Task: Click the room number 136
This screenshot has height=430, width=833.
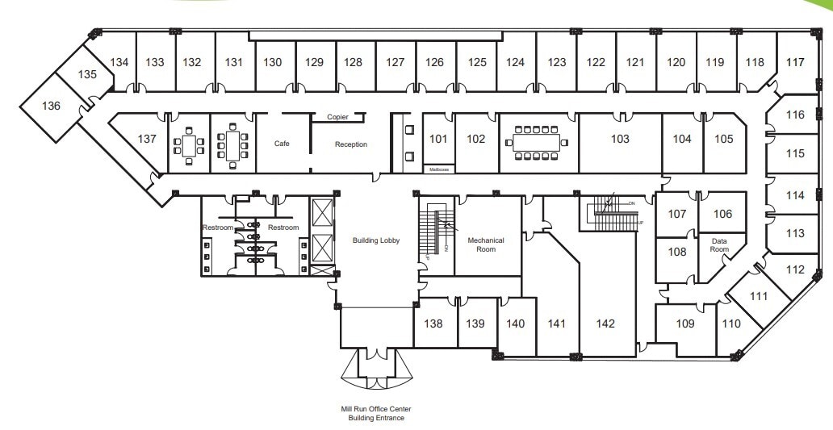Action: pyautogui.click(x=52, y=106)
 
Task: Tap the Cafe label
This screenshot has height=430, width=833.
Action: pyautogui.click(x=282, y=144)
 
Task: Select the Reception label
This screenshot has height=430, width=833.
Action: pyautogui.click(x=351, y=144)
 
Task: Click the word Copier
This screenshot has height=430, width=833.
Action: pyautogui.click(x=337, y=117)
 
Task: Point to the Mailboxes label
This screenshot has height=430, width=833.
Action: pyautogui.click(x=438, y=169)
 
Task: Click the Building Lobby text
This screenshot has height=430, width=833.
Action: pyautogui.click(x=376, y=240)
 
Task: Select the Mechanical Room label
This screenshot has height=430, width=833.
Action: pyautogui.click(x=486, y=244)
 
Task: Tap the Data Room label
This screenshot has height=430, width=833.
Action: pyautogui.click(x=719, y=244)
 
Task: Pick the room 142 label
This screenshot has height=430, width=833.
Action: pyautogui.click(x=605, y=324)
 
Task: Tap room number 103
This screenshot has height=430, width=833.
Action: pyautogui.click(x=620, y=139)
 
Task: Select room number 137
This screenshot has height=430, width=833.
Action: pyautogui.click(x=147, y=139)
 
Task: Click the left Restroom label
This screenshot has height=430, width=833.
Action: pyautogui.click(x=217, y=228)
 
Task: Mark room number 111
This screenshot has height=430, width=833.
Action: pyautogui.click(x=758, y=296)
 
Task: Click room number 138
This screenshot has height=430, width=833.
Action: pyautogui.click(x=433, y=324)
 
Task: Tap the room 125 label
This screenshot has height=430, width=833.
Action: pyautogui.click(x=476, y=62)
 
